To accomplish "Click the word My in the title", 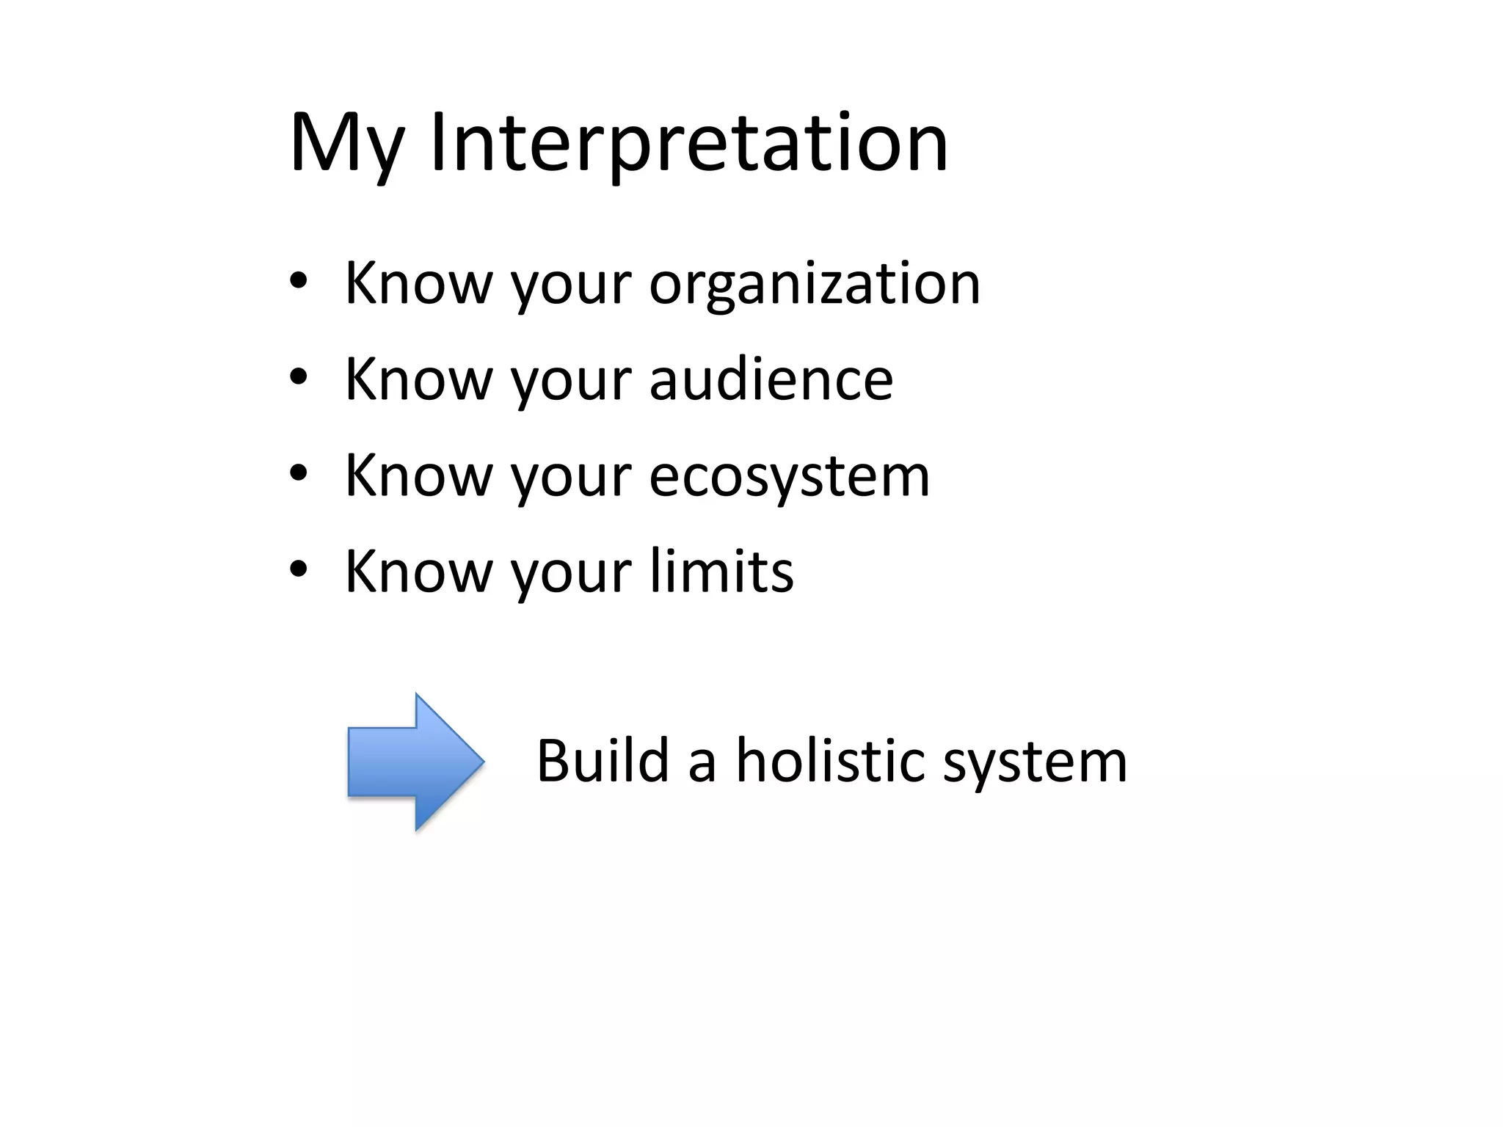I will click(x=346, y=144).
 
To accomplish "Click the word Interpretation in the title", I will click(x=688, y=144).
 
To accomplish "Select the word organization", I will click(x=815, y=285).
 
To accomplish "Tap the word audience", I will click(x=771, y=380).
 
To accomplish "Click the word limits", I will click(x=721, y=572).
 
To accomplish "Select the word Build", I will click(x=603, y=761).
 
